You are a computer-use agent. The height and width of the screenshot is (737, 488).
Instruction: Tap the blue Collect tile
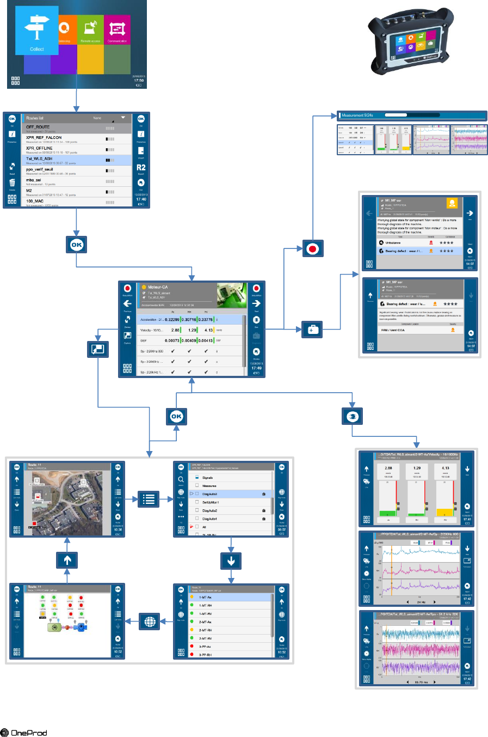(37, 31)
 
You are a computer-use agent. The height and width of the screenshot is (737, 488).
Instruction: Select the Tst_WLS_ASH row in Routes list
(39, 159)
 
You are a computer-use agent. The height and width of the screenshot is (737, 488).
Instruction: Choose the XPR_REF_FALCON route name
(44, 138)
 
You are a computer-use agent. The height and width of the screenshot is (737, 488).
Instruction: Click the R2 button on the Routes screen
(141, 168)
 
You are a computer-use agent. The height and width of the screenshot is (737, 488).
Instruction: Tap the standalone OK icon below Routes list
(77, 245)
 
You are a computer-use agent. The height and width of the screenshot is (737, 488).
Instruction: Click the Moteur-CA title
(158, 287)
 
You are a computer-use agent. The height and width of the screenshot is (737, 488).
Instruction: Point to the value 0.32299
(172, 320)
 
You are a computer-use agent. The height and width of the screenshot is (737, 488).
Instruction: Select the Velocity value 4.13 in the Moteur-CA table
(208, 330)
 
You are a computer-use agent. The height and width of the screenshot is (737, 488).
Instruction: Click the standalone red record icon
(312, 249)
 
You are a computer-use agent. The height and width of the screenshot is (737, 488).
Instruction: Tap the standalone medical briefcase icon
(312, 330)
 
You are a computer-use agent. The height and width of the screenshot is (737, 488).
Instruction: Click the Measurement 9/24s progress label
(357, 115)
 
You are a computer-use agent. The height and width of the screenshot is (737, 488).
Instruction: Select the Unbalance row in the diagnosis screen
(393, 243)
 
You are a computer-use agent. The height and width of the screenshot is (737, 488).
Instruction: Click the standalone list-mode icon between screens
(149, 498)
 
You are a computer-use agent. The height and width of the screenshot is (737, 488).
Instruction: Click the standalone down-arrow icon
(231, 560)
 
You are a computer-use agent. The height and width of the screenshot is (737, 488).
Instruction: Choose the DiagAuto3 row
(210, 494)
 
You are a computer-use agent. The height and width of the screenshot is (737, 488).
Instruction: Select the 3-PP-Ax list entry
(205, 647)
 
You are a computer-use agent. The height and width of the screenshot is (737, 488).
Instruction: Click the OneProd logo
(24, 733)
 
